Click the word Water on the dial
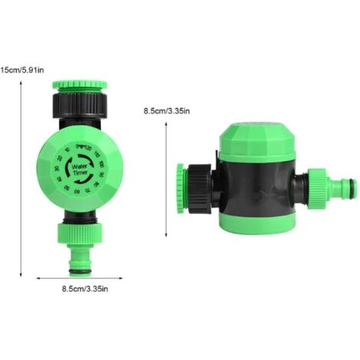(80, 164)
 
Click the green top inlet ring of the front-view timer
(78, 84)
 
